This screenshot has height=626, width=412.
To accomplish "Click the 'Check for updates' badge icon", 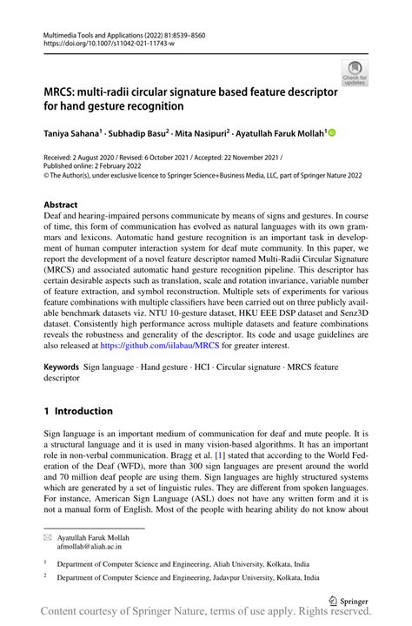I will [354, 72].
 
